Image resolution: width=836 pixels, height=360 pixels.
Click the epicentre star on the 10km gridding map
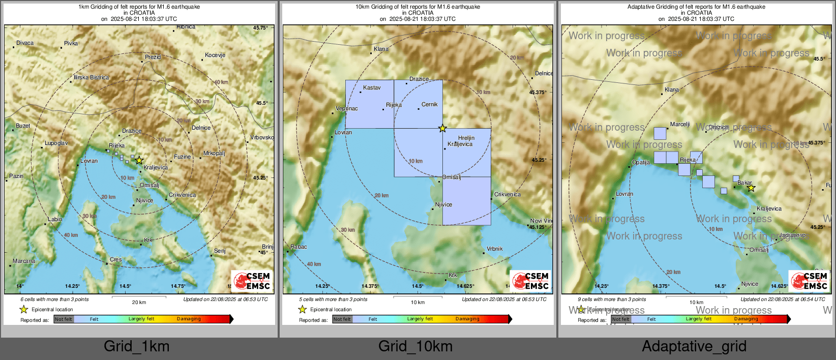pyautogui.click(x=442, y=128)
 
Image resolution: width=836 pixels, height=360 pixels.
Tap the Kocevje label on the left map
pyautogui.click(x=215, y=55)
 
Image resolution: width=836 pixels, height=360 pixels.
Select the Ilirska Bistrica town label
pyautogui.click(x=91, y=77)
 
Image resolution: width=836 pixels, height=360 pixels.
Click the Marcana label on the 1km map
pyautogui.click(x=24, y=261)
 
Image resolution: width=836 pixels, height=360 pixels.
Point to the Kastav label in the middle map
pyautogui.click(x=372, y=87)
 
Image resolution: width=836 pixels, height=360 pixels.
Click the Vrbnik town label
pyautogui.click(x=494, y=249)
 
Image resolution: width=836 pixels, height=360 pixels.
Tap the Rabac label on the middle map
pyautogui.click(x=298, y=247)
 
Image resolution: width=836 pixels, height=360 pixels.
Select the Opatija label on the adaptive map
pyautogui.click(x=641, y=162)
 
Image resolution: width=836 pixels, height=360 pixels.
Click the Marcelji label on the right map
pyautogui.click(x=680, y=124)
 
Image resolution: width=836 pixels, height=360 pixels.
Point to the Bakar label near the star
pyautogui.click(x=744, y=183)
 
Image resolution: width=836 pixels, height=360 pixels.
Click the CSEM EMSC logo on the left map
pyautogui.click(x=252, y=281)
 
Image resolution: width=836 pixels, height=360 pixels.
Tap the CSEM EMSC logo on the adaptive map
pyautogui.click(x=810, y=281)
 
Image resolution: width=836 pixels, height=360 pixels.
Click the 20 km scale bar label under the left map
pyautogui.click(x=139, y=302)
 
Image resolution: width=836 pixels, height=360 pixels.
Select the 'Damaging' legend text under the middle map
pyautogui.click(x=467, y=319)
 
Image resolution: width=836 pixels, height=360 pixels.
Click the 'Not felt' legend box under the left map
pyautogui.click(x=64, y=319)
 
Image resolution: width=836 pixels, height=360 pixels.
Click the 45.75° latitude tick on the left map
pyautogui.click(x=260, y=28)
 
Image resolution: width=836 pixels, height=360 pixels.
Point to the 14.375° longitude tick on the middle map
pyautogui.click(x=370, y=286)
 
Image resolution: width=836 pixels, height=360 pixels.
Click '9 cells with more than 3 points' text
pyautogui.click(x=612, y=299)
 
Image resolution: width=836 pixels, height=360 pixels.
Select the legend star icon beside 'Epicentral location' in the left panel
pyautogui.click(x=23, y=309)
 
